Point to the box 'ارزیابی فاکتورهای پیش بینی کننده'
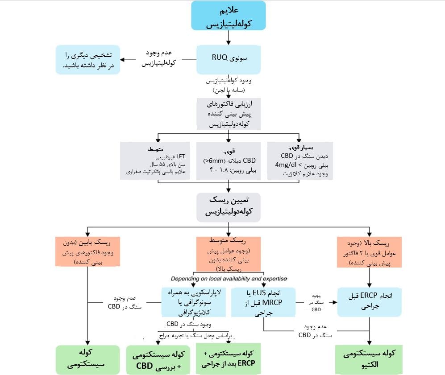point(229,113)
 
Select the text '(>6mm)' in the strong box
point(212,161)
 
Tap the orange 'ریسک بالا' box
point(369,251)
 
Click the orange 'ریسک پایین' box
point(87,251)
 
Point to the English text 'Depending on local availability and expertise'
point(229,279)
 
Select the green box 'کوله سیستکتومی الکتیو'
point(369,359)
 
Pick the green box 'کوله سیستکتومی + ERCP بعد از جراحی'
point(228,359)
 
